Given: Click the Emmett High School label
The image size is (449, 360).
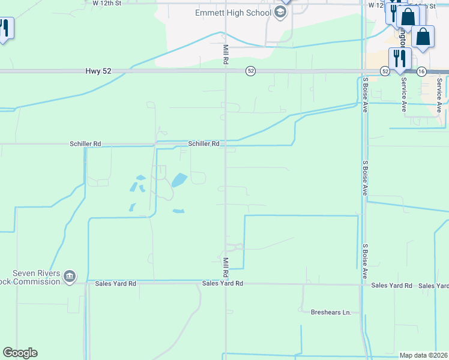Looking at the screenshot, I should [x=234, y=13].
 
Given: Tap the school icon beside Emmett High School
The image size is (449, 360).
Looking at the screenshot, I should [x=280, y=12].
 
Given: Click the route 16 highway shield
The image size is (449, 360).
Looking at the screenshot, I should [x=422, y=71].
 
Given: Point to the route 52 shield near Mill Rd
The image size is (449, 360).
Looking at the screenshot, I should [x=251, y=71].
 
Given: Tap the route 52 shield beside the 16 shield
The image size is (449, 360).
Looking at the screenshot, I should [x=385, y=71].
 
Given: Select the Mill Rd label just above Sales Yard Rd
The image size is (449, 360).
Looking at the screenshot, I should [x=226, y=267].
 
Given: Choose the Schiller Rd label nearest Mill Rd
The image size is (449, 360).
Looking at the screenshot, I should [x=203, y=144].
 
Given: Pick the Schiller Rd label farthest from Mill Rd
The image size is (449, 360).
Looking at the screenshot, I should [x=85, y=144].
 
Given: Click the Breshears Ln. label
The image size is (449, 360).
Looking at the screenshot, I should [x=331, y=312].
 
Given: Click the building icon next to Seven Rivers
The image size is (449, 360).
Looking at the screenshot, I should [x=70, y=276].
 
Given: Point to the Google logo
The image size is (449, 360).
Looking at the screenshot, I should [x=20, y=353].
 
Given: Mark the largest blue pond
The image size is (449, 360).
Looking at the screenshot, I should [x=179, y=179].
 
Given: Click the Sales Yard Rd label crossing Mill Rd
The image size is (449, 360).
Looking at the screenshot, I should [x=222, y=283].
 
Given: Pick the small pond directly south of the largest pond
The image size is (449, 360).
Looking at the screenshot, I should [x=178, y=211].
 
